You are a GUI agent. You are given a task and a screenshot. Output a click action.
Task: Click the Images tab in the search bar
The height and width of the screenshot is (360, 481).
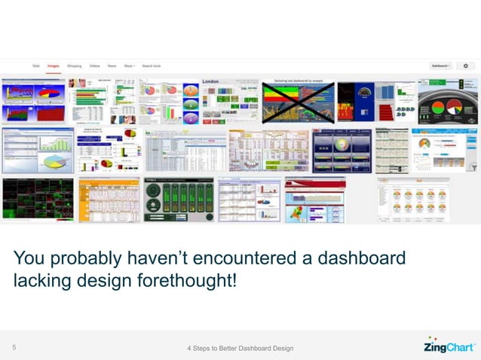pos(54,66)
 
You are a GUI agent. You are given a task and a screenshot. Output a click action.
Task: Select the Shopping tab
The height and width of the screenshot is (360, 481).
pos(74,66)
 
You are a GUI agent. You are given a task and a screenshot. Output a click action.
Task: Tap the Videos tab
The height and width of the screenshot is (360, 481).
pos(94,66)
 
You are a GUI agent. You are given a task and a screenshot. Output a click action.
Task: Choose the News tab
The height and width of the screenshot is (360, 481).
pos(112,66)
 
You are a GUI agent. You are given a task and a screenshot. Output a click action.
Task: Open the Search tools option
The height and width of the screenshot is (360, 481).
pos(153,66)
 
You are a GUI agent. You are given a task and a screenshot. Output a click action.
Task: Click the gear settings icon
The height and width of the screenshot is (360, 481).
pos(465,66)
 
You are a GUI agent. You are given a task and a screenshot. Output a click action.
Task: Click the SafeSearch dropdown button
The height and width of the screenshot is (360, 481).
pos(440,66)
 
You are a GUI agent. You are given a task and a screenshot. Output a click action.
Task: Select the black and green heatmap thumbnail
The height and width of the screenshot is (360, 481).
pos(38,200)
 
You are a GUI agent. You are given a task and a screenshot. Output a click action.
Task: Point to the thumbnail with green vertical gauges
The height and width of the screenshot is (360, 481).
pos(178,200)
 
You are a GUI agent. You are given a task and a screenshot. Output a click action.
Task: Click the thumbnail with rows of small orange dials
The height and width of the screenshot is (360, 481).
pos(412,200)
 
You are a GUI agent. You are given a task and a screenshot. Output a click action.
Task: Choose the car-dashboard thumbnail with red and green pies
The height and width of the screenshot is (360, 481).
pos(448,102)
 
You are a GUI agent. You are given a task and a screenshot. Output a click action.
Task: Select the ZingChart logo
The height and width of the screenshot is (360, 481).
pos(449,347)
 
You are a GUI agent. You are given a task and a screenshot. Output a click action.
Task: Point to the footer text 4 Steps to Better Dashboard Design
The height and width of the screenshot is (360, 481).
pos(240,348)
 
